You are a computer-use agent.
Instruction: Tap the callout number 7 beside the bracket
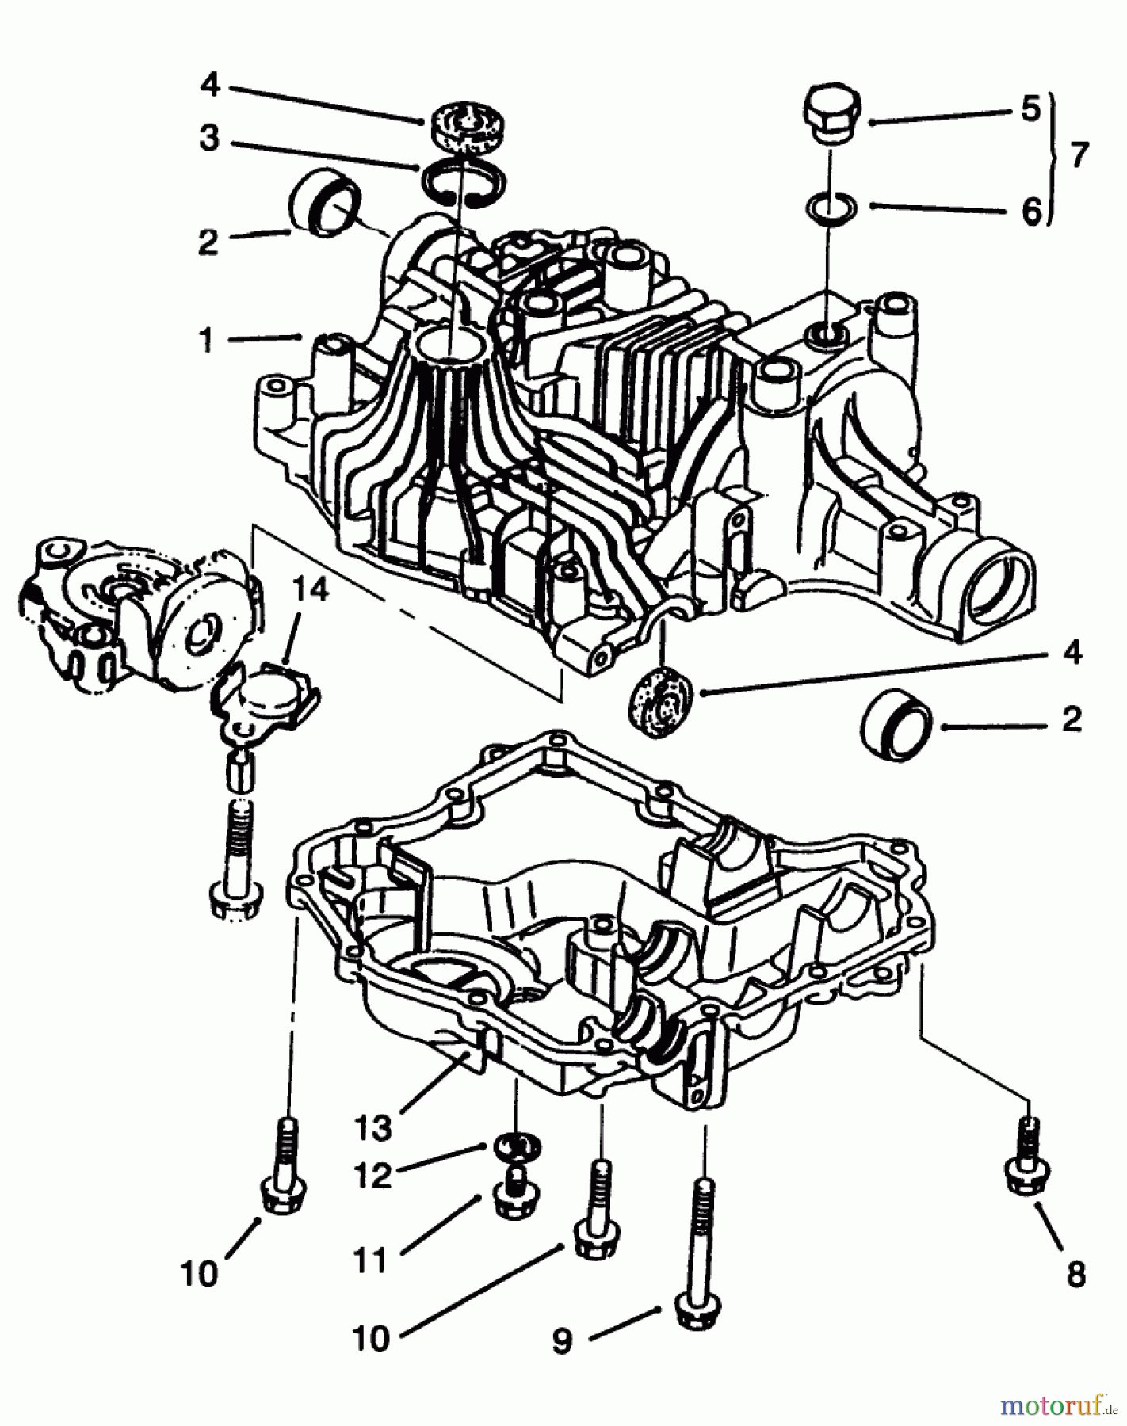(1079, 154)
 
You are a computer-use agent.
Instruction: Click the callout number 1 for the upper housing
(207, 341)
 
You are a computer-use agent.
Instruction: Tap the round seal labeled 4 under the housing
(660, 699)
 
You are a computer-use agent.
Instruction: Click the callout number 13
(372, 1128)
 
